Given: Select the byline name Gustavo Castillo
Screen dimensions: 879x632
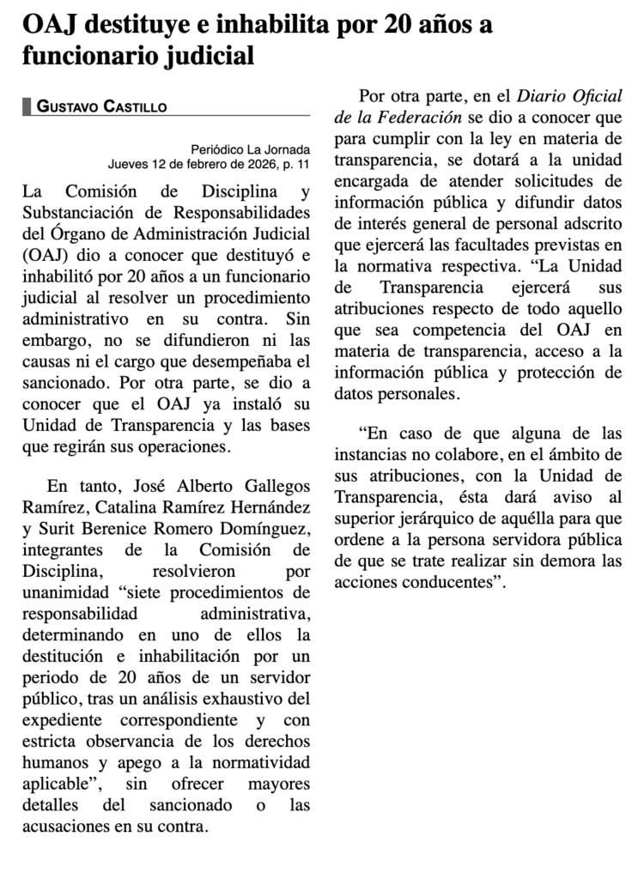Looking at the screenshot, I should click(101, 106).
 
